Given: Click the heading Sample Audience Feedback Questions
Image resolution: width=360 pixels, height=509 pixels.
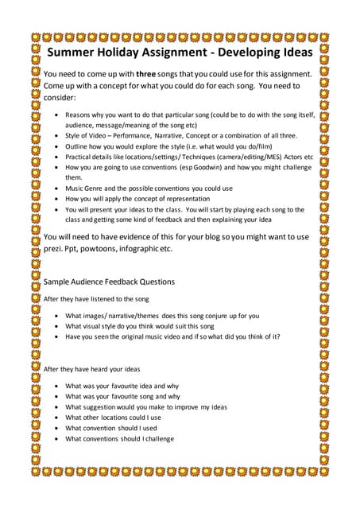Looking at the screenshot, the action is click(109, 282).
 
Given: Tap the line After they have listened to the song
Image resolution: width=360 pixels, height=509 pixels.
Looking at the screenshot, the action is click(96, 299).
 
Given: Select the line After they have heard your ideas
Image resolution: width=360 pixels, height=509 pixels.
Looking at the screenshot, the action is click(91, 369).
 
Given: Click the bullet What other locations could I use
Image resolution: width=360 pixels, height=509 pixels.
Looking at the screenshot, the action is click(113, 417).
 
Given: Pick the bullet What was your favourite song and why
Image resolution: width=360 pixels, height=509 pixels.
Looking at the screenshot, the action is click(122, 396).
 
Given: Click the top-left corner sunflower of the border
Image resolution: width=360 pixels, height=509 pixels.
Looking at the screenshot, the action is click(35, 37).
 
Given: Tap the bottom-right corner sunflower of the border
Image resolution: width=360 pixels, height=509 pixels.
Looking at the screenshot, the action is click(325, 472).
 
